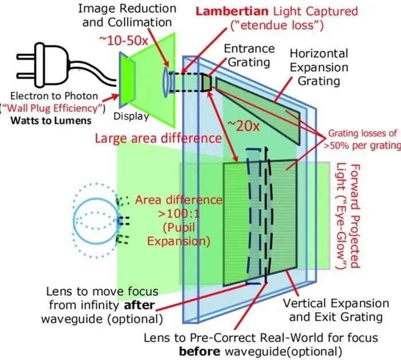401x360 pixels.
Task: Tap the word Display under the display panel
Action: (131, 116)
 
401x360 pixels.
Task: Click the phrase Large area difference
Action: (158, 138)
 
